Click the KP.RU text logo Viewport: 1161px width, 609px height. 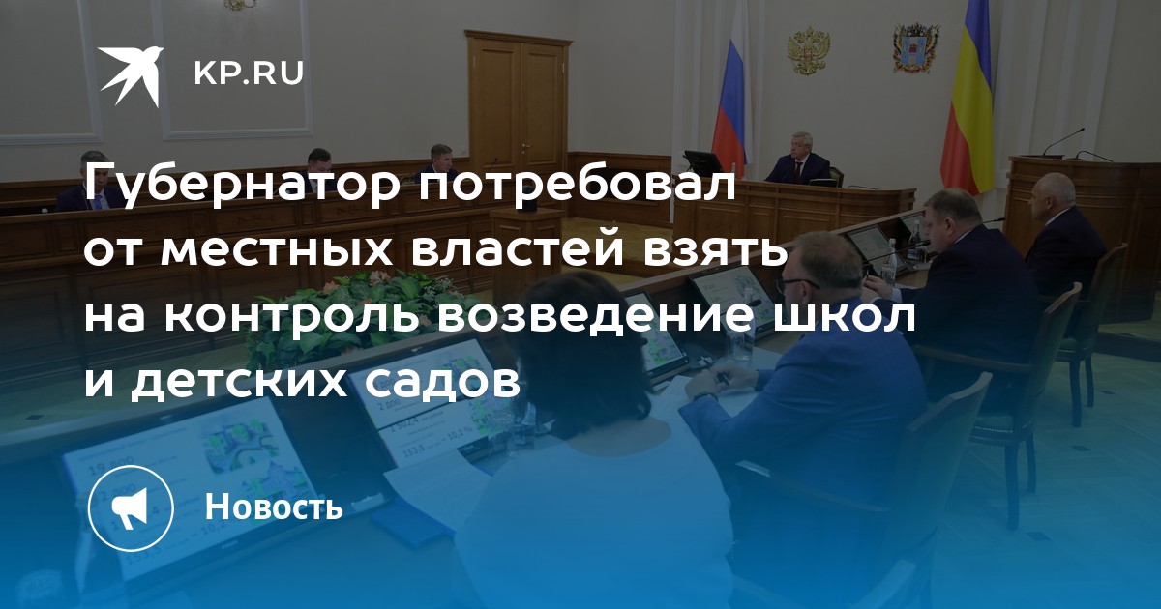(249, 73)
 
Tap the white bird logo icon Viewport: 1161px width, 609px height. (132, 76)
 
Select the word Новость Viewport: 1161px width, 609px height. (274, 506)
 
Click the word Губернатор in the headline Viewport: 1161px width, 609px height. (244, 188)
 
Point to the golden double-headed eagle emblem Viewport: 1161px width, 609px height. (808, 50)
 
